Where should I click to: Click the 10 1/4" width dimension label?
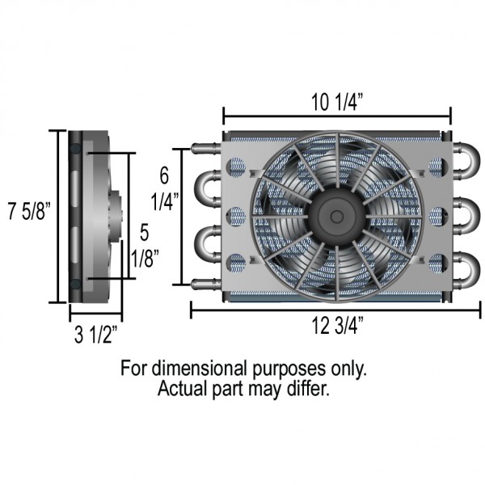pos(336,102)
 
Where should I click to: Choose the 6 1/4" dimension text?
pos(163,187)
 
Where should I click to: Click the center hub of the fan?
pos(334,214)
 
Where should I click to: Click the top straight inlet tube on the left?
pos(205,150)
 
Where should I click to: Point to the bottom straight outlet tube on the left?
pos(205,283)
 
